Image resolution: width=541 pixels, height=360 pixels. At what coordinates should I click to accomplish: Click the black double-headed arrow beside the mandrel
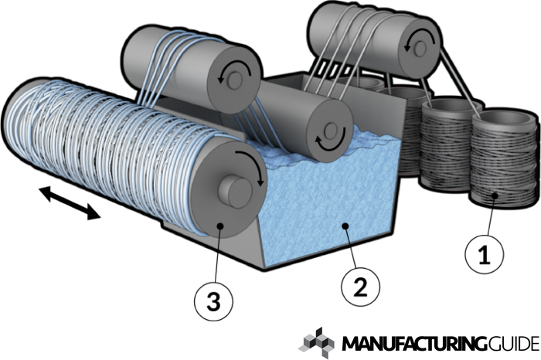tap(70, 202)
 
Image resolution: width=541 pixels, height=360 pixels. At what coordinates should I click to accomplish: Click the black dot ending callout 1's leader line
tap(492, 195)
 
